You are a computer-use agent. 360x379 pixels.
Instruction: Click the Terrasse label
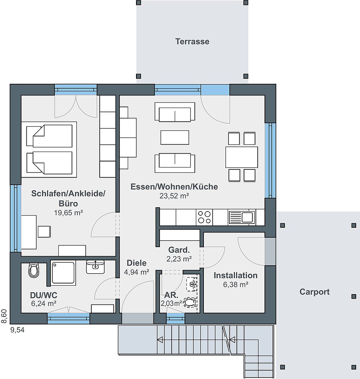coord(193,42)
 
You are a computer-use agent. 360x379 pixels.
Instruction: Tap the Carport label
coord(314,292)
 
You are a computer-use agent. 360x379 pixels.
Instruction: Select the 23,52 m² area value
coord(174,196)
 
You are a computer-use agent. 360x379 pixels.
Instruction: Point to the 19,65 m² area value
coord(68,213)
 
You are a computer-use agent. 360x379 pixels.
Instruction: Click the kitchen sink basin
coord(247,217)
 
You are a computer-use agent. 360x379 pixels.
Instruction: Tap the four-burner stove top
coord(204,217)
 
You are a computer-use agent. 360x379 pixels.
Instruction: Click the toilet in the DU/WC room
coord(34,270)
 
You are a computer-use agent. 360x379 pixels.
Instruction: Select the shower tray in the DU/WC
coord(63,273)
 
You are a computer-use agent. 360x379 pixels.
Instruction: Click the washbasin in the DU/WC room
coord(95,267)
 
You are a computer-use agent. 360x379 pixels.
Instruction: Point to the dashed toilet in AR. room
coord(190,302)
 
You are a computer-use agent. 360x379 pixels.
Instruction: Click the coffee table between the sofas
coord(175,138)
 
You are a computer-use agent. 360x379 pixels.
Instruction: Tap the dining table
coord(242,157)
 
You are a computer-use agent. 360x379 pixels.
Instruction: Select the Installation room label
coord(236,276)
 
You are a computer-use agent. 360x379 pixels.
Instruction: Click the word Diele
coord(136,263)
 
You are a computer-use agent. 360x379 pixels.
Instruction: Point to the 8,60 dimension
coord(4,316)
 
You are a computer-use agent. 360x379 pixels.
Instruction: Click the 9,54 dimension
coord(17,330)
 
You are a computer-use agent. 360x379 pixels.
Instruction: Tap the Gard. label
coord(179,250)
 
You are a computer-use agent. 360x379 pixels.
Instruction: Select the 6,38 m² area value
coord(236,285)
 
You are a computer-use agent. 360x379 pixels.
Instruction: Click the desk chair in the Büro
coord(44,231)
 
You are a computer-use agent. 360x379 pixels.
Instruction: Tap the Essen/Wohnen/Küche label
coord(174,186)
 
